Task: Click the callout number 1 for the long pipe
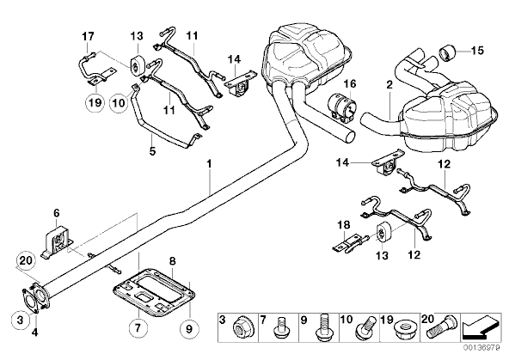pos(210,163)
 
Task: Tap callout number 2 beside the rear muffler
pos(389,85)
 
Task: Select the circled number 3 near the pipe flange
pos(20,320)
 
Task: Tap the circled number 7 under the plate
pos(138,328)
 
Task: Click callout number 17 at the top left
pos(88,36)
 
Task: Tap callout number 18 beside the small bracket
pos(344,224)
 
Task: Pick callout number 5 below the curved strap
pos(152,151)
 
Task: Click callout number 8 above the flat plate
pos(173,260)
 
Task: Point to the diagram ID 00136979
pos(481,347)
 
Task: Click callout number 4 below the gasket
pos(34,332)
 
